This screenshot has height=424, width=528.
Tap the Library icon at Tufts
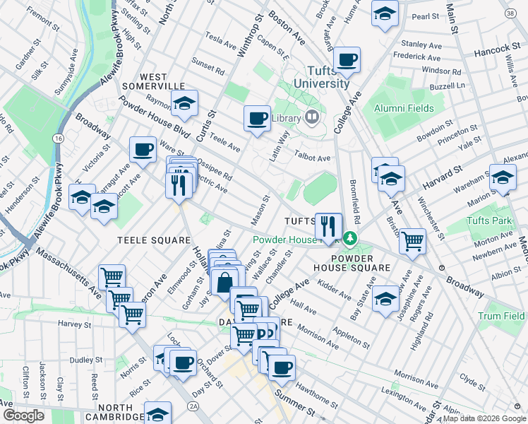tap(312, 117)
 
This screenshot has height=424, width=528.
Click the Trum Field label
tap(501, 316)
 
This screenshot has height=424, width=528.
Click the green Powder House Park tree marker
tap(348, 239)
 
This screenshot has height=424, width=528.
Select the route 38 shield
tap(510, 13)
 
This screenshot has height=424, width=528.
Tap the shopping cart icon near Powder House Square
tap(412, 241)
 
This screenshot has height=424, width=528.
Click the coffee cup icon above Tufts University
tap(347, 59)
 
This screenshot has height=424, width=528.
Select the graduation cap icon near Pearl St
tap(385, 13)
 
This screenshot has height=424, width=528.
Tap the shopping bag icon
tap(224, 283)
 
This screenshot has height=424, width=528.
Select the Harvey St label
tap(71, 324)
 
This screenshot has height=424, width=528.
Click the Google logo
tap(23, 416)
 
